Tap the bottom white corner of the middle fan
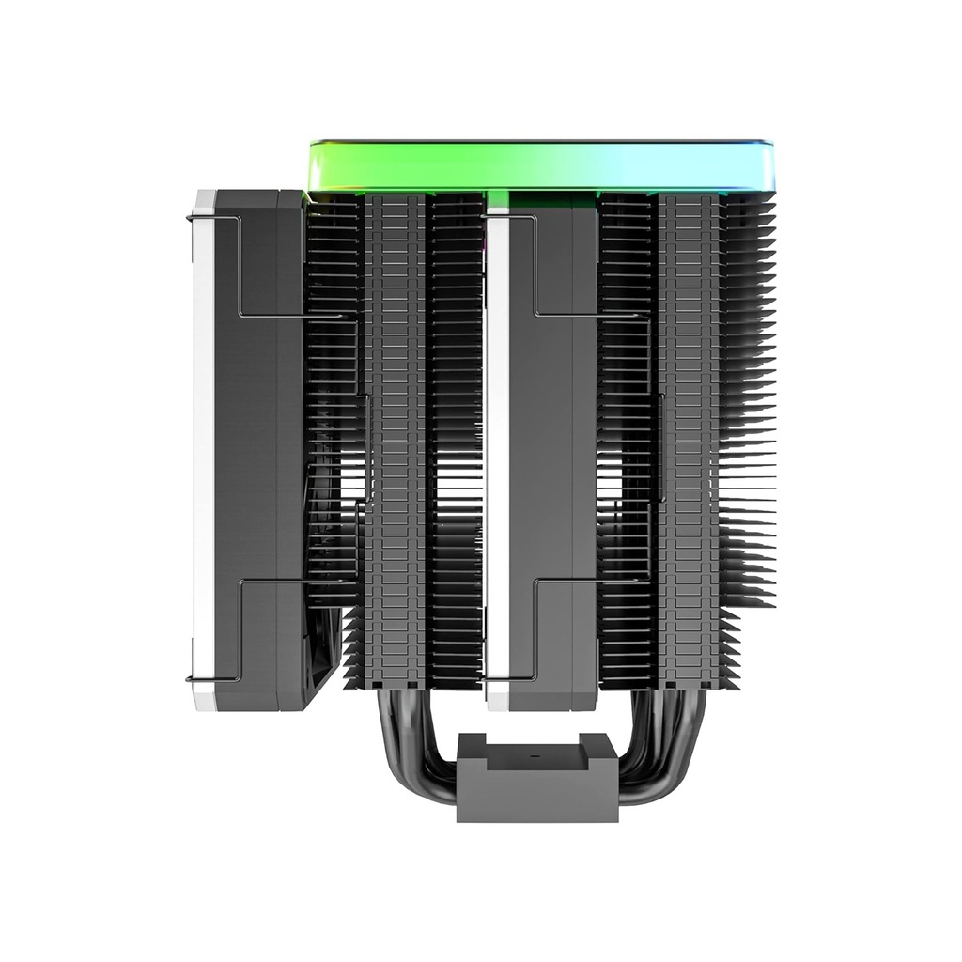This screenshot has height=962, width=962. (x=498, y=699)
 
